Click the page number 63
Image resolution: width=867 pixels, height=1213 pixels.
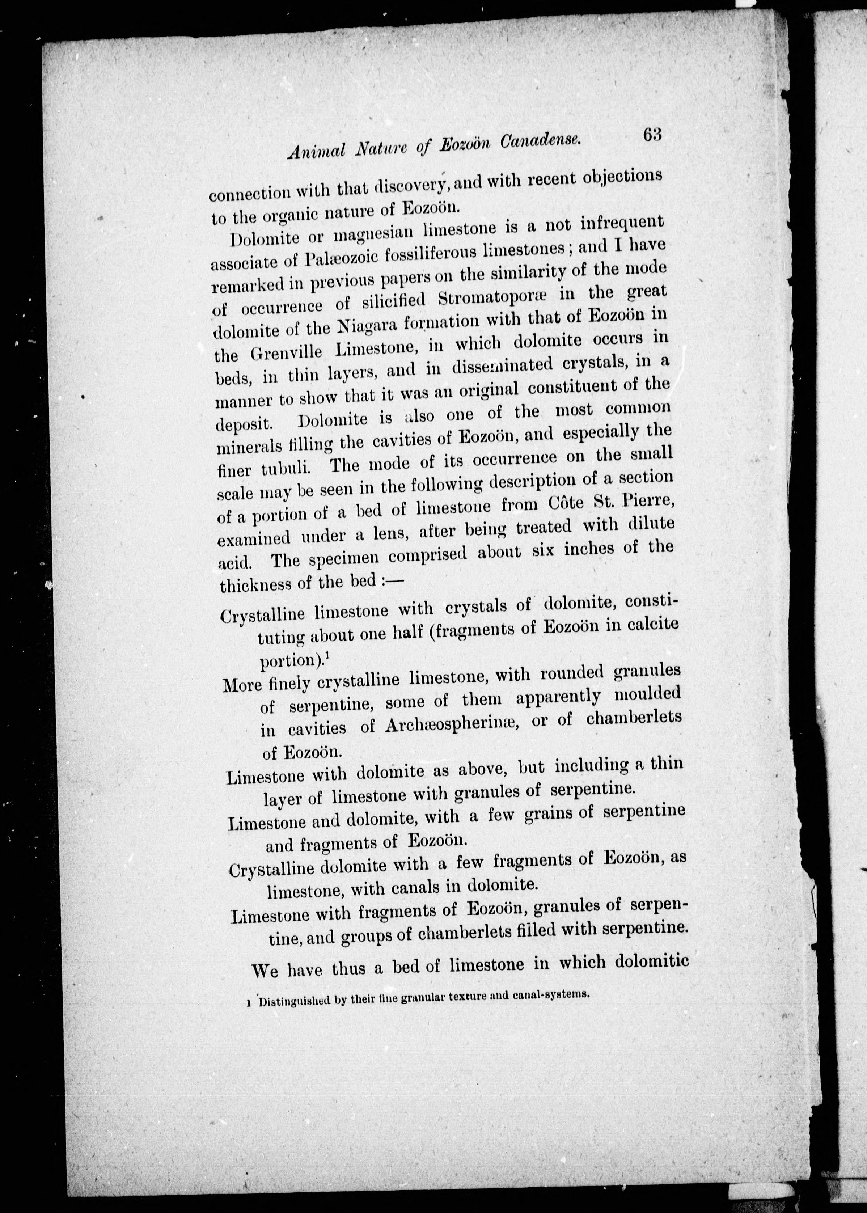tap(652, 135)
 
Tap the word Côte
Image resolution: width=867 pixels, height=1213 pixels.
tap(568, 503)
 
